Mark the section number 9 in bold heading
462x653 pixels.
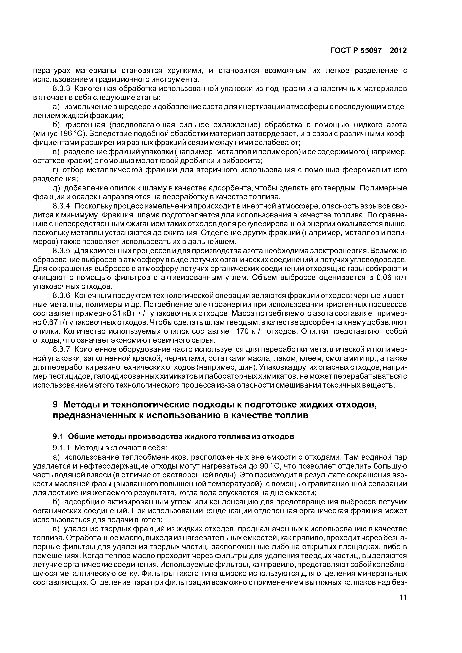point(56,404)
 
